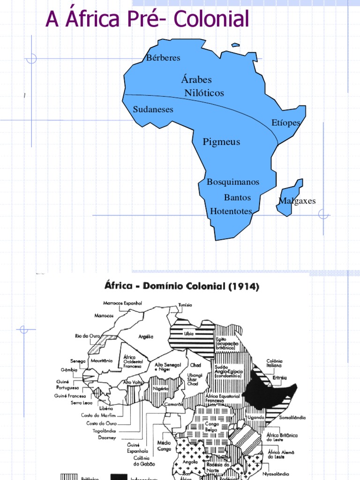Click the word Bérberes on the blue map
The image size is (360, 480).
click(x=163, y=58)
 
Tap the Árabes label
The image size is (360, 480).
click(x=196, y=80)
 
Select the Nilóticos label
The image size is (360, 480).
click(x=204, y=93)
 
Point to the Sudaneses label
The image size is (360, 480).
click(x=153, y=110)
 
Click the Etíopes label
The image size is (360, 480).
click(x=286, y=123)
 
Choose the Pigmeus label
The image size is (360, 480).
click(x=221, y=142)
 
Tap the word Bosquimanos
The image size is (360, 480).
click(x=233, y=182)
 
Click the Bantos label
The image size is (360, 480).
click(x=237, y=197)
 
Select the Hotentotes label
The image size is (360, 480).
click(x=231, y=211)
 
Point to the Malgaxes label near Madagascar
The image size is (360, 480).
click(x=297, y=201)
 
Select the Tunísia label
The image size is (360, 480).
click(x=185, y=305)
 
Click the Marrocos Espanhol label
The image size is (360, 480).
click(x=123, y=303)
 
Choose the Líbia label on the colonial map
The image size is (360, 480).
click(x=189, y=334)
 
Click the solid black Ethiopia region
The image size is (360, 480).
click(x=272, y=389)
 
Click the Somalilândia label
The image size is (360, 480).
click(x=292, y=417)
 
